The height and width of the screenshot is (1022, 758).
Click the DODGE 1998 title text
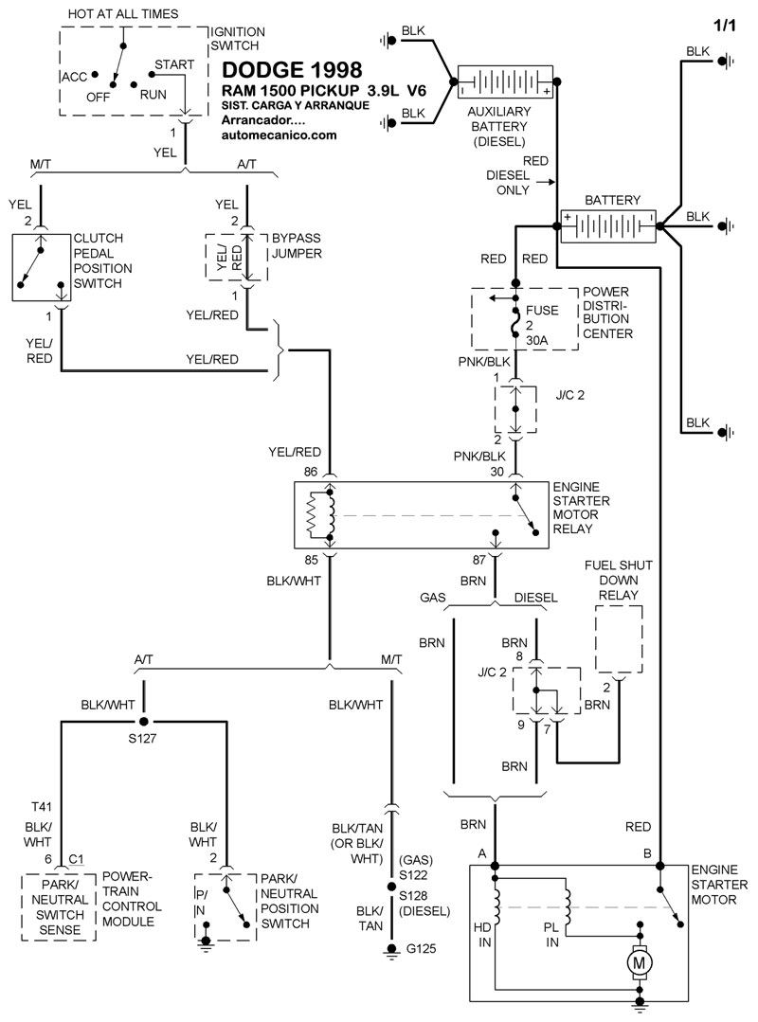(x=291, y=70)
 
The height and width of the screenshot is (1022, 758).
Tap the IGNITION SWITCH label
(x=237, y=39)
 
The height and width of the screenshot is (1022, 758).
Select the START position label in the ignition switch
(x=174, y=64)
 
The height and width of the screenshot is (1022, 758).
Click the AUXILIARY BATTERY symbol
(x=505, y=83)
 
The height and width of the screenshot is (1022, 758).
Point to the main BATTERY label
(x=612, y=201)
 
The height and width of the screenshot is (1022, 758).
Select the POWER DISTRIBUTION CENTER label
(x=606, y=313)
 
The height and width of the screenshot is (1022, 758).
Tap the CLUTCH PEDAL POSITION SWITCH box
(x=41, y=268)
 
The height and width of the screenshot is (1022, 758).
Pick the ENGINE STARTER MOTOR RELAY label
(x=581, y=508)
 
